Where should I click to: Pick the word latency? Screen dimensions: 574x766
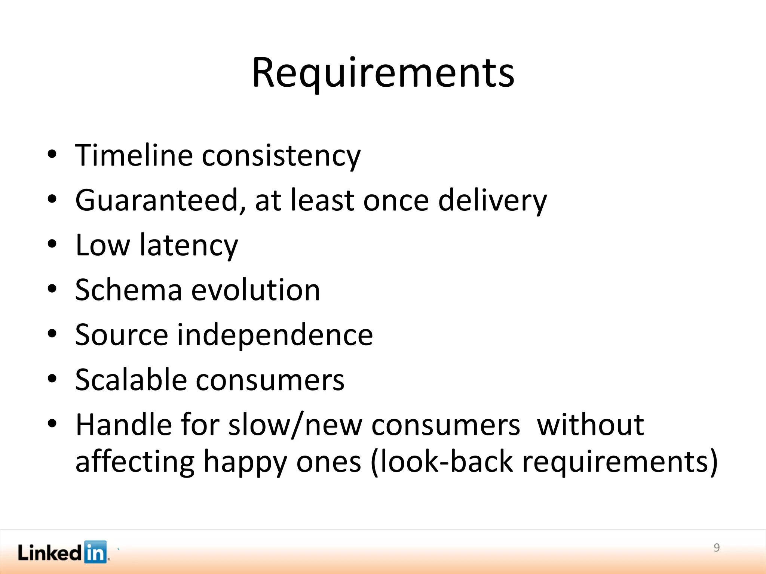pyautogui.click(x=189, y=246)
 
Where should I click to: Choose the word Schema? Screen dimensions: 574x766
pyautogui.click(x=129, y=290)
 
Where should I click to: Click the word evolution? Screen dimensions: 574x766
pyautogui.click(x=256, y=290)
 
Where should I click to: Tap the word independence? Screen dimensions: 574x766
pyautogui.click(x=275, y=335)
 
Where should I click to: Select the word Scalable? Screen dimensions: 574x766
pyautogui.click(x=131, y=380)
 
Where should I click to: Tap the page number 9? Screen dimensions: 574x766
pyautogui.click(x=717, y=547)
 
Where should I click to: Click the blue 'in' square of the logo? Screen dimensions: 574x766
pyautogui.click(x=95, y=552)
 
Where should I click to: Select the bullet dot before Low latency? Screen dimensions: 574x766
pyautogui.click(x=52, y=244)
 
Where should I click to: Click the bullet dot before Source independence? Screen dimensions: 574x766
pyautogui.click(x=52, y=333)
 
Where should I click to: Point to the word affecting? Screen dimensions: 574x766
pyautogui.click(x=135, y=462)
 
